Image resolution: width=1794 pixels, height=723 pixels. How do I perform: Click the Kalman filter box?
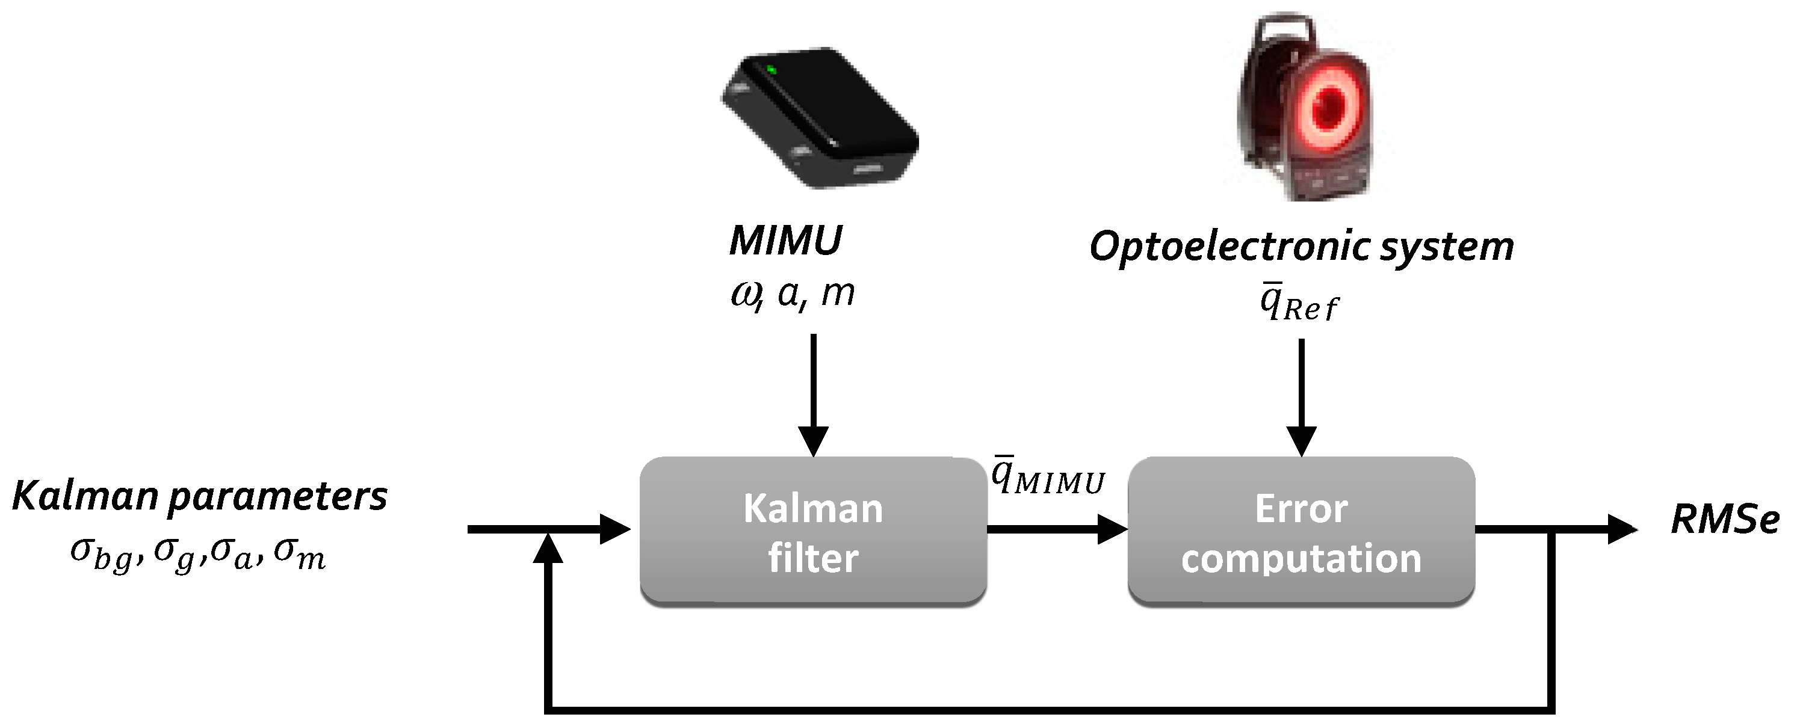(812, 532)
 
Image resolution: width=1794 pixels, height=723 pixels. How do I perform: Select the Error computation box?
(1301, 532)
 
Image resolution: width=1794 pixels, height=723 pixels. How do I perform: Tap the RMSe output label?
(1724, 519)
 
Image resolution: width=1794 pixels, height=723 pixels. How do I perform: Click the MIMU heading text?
(785, 241)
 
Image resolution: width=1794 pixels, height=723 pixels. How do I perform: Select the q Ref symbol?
(1299, 304)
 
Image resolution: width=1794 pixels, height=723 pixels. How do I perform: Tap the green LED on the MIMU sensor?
(771, 70)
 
